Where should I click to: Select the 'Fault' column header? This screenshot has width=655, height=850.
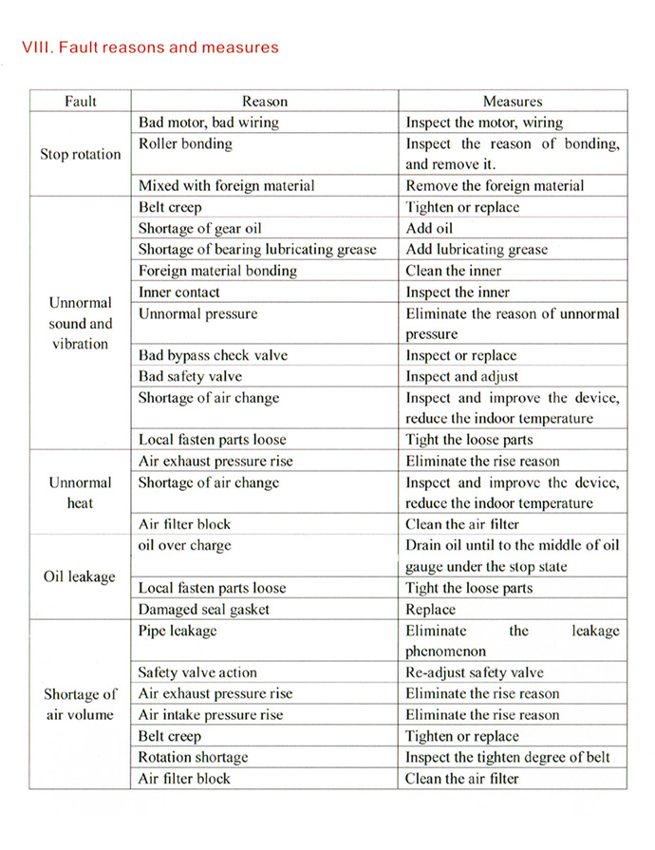81,101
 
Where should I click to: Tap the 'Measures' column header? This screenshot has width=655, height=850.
513,101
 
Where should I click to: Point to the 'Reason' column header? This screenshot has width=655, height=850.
264,101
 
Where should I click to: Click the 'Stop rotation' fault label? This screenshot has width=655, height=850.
81,154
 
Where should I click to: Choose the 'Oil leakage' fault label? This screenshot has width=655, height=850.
80,576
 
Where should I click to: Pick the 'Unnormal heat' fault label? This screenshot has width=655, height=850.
81,492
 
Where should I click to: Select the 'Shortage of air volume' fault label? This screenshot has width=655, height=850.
81,704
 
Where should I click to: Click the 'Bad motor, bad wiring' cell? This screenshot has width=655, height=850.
209,123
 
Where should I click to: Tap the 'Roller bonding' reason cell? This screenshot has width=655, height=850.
185,144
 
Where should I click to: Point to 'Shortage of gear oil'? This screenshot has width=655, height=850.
200,228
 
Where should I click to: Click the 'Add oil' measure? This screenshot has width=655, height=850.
430,228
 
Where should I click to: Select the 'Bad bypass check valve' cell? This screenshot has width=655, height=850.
213,355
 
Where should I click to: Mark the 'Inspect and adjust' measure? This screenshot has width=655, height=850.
462,376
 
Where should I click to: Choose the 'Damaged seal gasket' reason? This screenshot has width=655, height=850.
204,609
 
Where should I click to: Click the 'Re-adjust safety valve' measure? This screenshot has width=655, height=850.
475,672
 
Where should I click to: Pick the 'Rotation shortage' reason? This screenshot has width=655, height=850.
193,757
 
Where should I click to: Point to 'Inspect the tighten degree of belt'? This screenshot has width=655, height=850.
508,757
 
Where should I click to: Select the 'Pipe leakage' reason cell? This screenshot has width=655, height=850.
178,631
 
